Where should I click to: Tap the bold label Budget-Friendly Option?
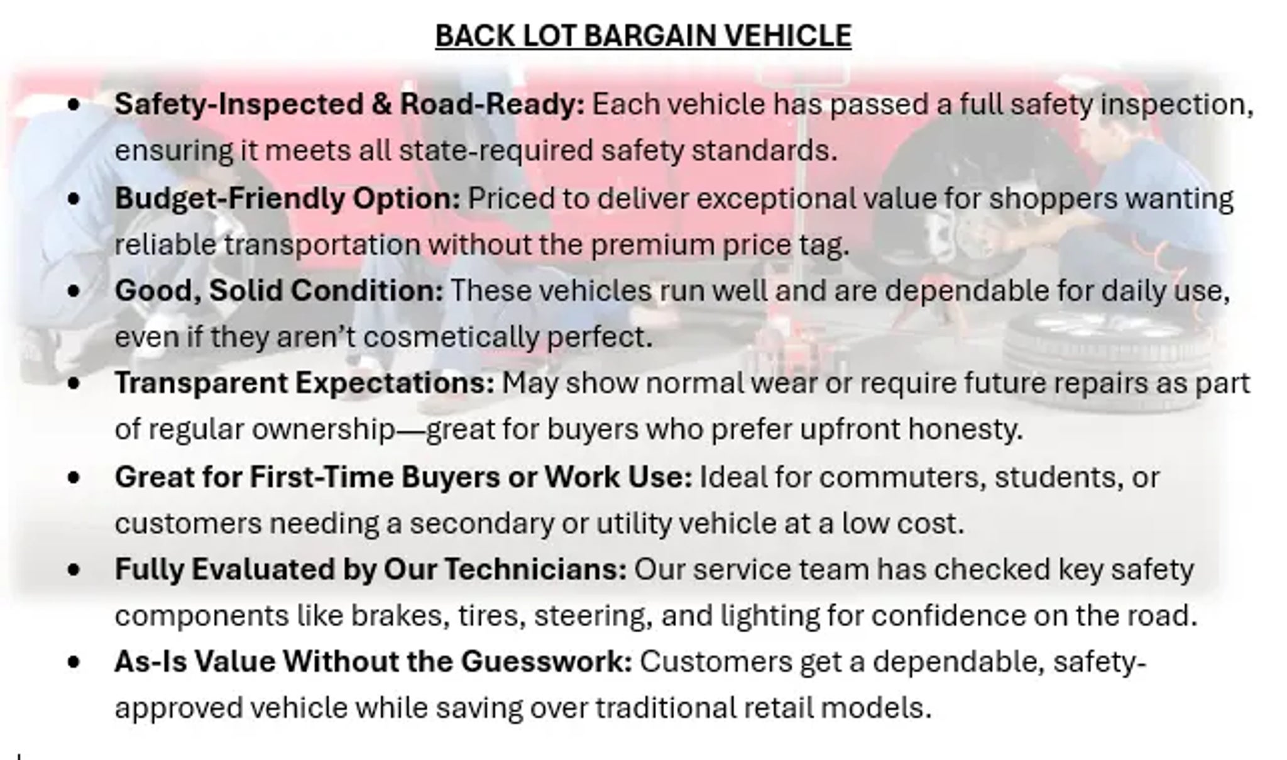point(287,199)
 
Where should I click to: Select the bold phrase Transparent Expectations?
point(304,383)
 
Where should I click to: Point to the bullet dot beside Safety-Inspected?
point(74,104)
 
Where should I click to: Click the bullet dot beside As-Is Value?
point(74,662)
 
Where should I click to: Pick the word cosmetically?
point(451,338)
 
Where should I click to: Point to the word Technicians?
point(535,570)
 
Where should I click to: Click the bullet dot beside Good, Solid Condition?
point(74,291)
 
